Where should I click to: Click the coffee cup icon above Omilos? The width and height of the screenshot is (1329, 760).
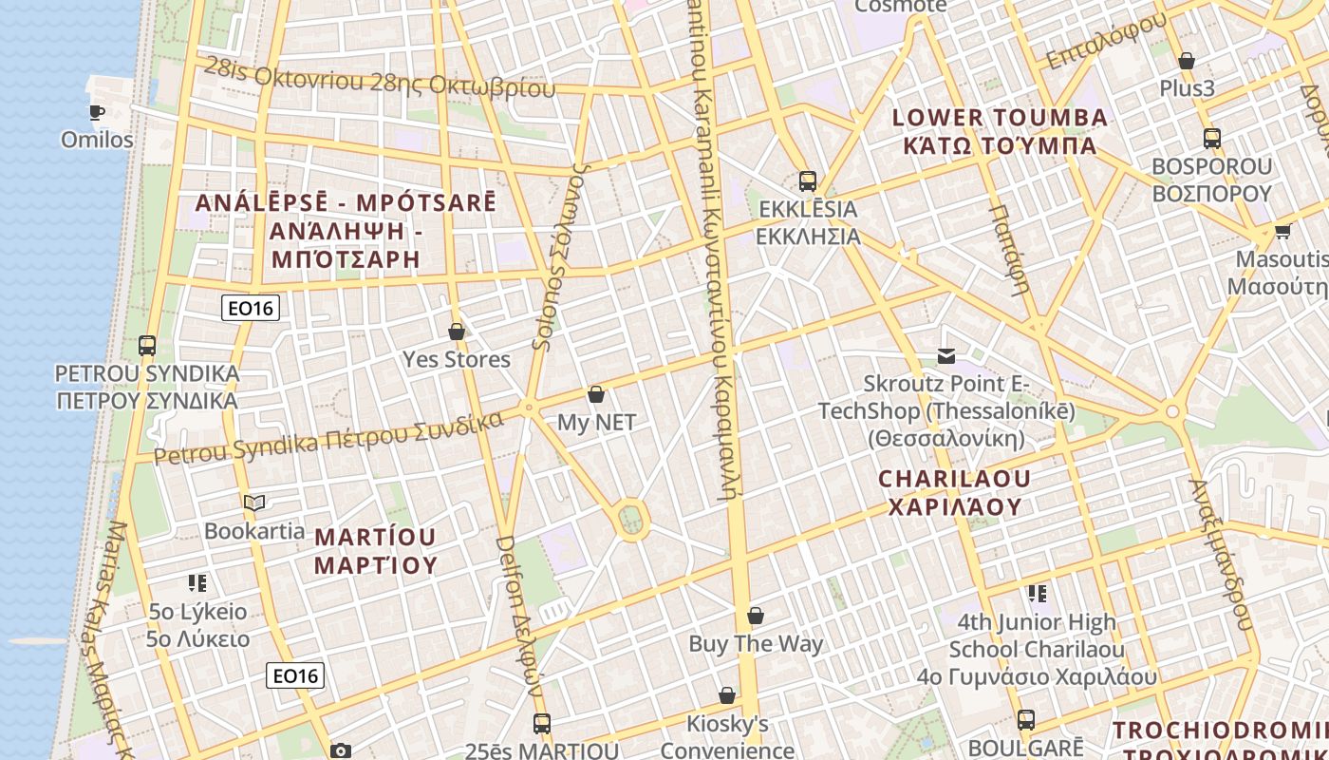tap(96, 112)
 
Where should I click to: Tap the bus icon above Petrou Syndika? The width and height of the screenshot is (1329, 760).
tap(146, 345)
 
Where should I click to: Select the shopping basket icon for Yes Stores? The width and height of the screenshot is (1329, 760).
tap(457, 332)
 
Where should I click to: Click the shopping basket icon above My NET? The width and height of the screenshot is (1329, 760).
tap(596, 394)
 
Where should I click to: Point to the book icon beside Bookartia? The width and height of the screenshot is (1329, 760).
tap(253, 503)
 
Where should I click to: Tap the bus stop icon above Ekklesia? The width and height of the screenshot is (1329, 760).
tap(808, 180)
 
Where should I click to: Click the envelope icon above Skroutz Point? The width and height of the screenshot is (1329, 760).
tap(946, 356)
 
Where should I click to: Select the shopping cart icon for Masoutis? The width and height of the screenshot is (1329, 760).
tap(1282, 231)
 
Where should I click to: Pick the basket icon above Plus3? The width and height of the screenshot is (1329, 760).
tap(1187, 62)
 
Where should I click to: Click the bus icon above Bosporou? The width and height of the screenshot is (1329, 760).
tap(1211, 139)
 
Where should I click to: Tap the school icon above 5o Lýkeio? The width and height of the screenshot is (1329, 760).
tap(197, 582)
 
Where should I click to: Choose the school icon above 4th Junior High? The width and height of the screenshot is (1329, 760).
tap(1037, 594)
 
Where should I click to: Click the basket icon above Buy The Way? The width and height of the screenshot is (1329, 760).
tap(756, 617)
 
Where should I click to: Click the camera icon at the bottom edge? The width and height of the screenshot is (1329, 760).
tap(341, 750)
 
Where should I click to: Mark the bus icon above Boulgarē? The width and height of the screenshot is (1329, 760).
tap(1026, 719)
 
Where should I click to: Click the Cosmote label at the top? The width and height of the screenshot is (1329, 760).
tap(900, 6)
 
